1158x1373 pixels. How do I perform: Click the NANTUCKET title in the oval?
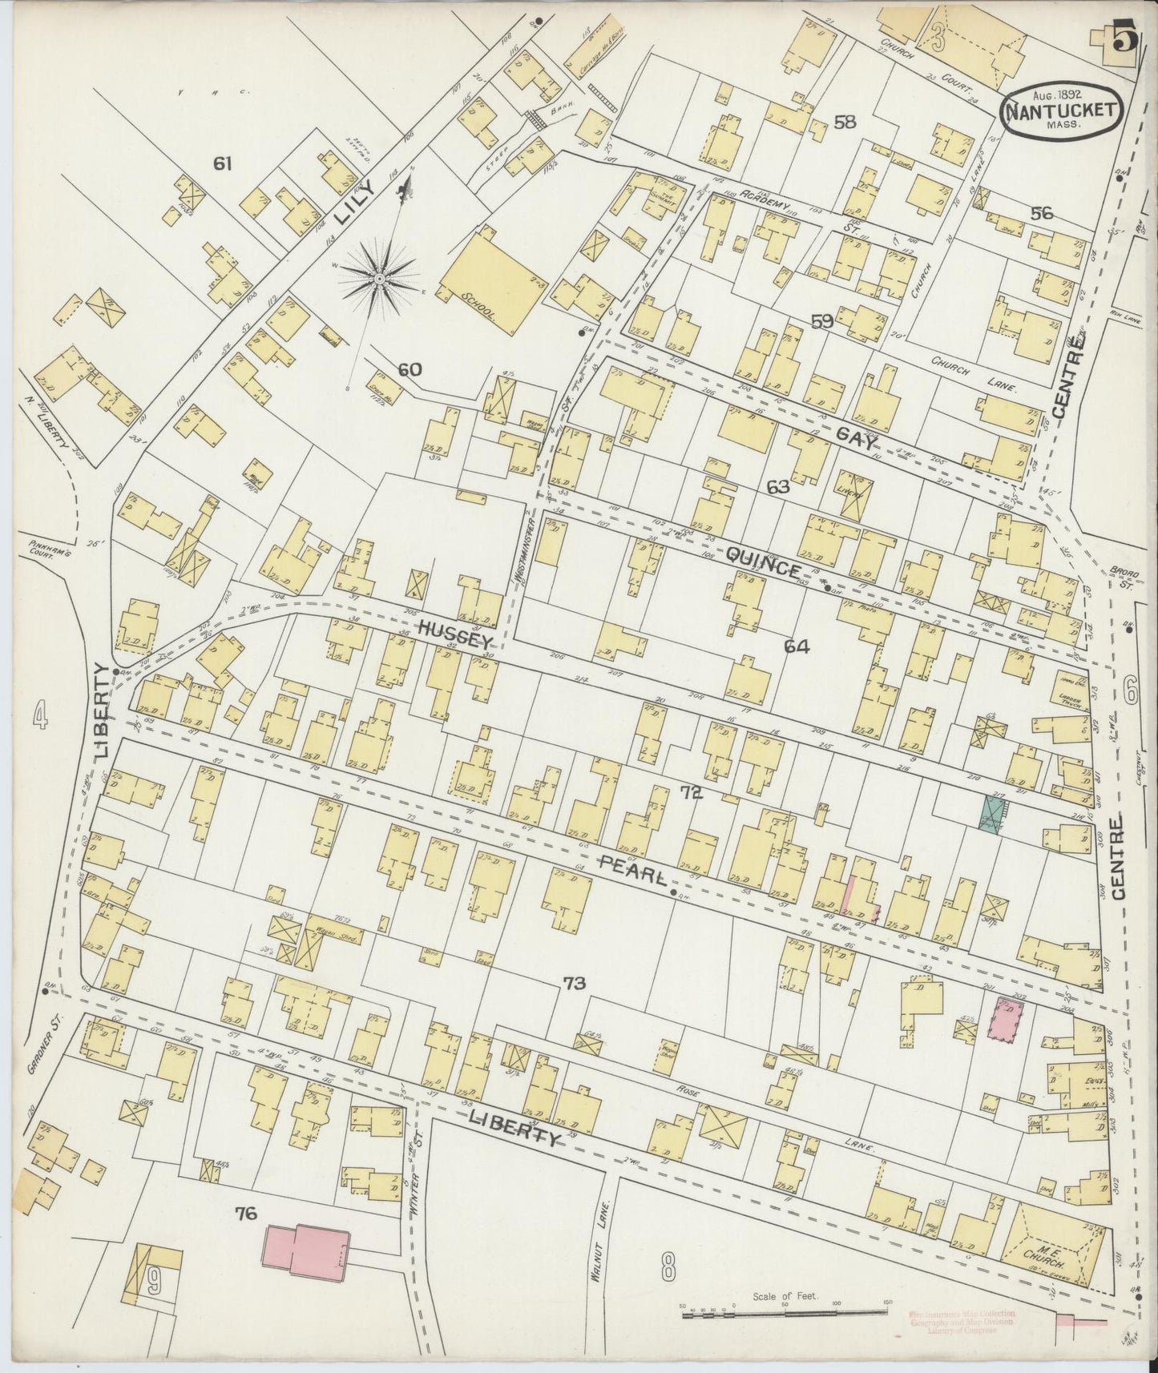click(1059, 109)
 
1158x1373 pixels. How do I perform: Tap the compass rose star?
click(378, 277)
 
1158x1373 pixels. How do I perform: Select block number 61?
click(222, 163)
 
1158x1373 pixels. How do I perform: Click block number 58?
click(845, 122)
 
